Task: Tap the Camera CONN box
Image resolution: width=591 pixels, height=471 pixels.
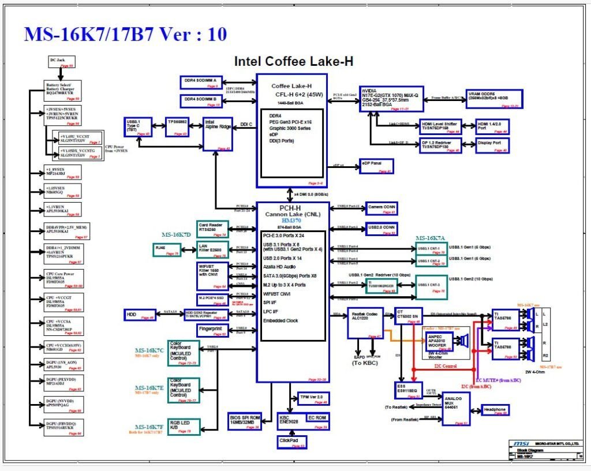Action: tap(381, 208)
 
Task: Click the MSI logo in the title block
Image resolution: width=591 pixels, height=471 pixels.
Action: tap(518, 443)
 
